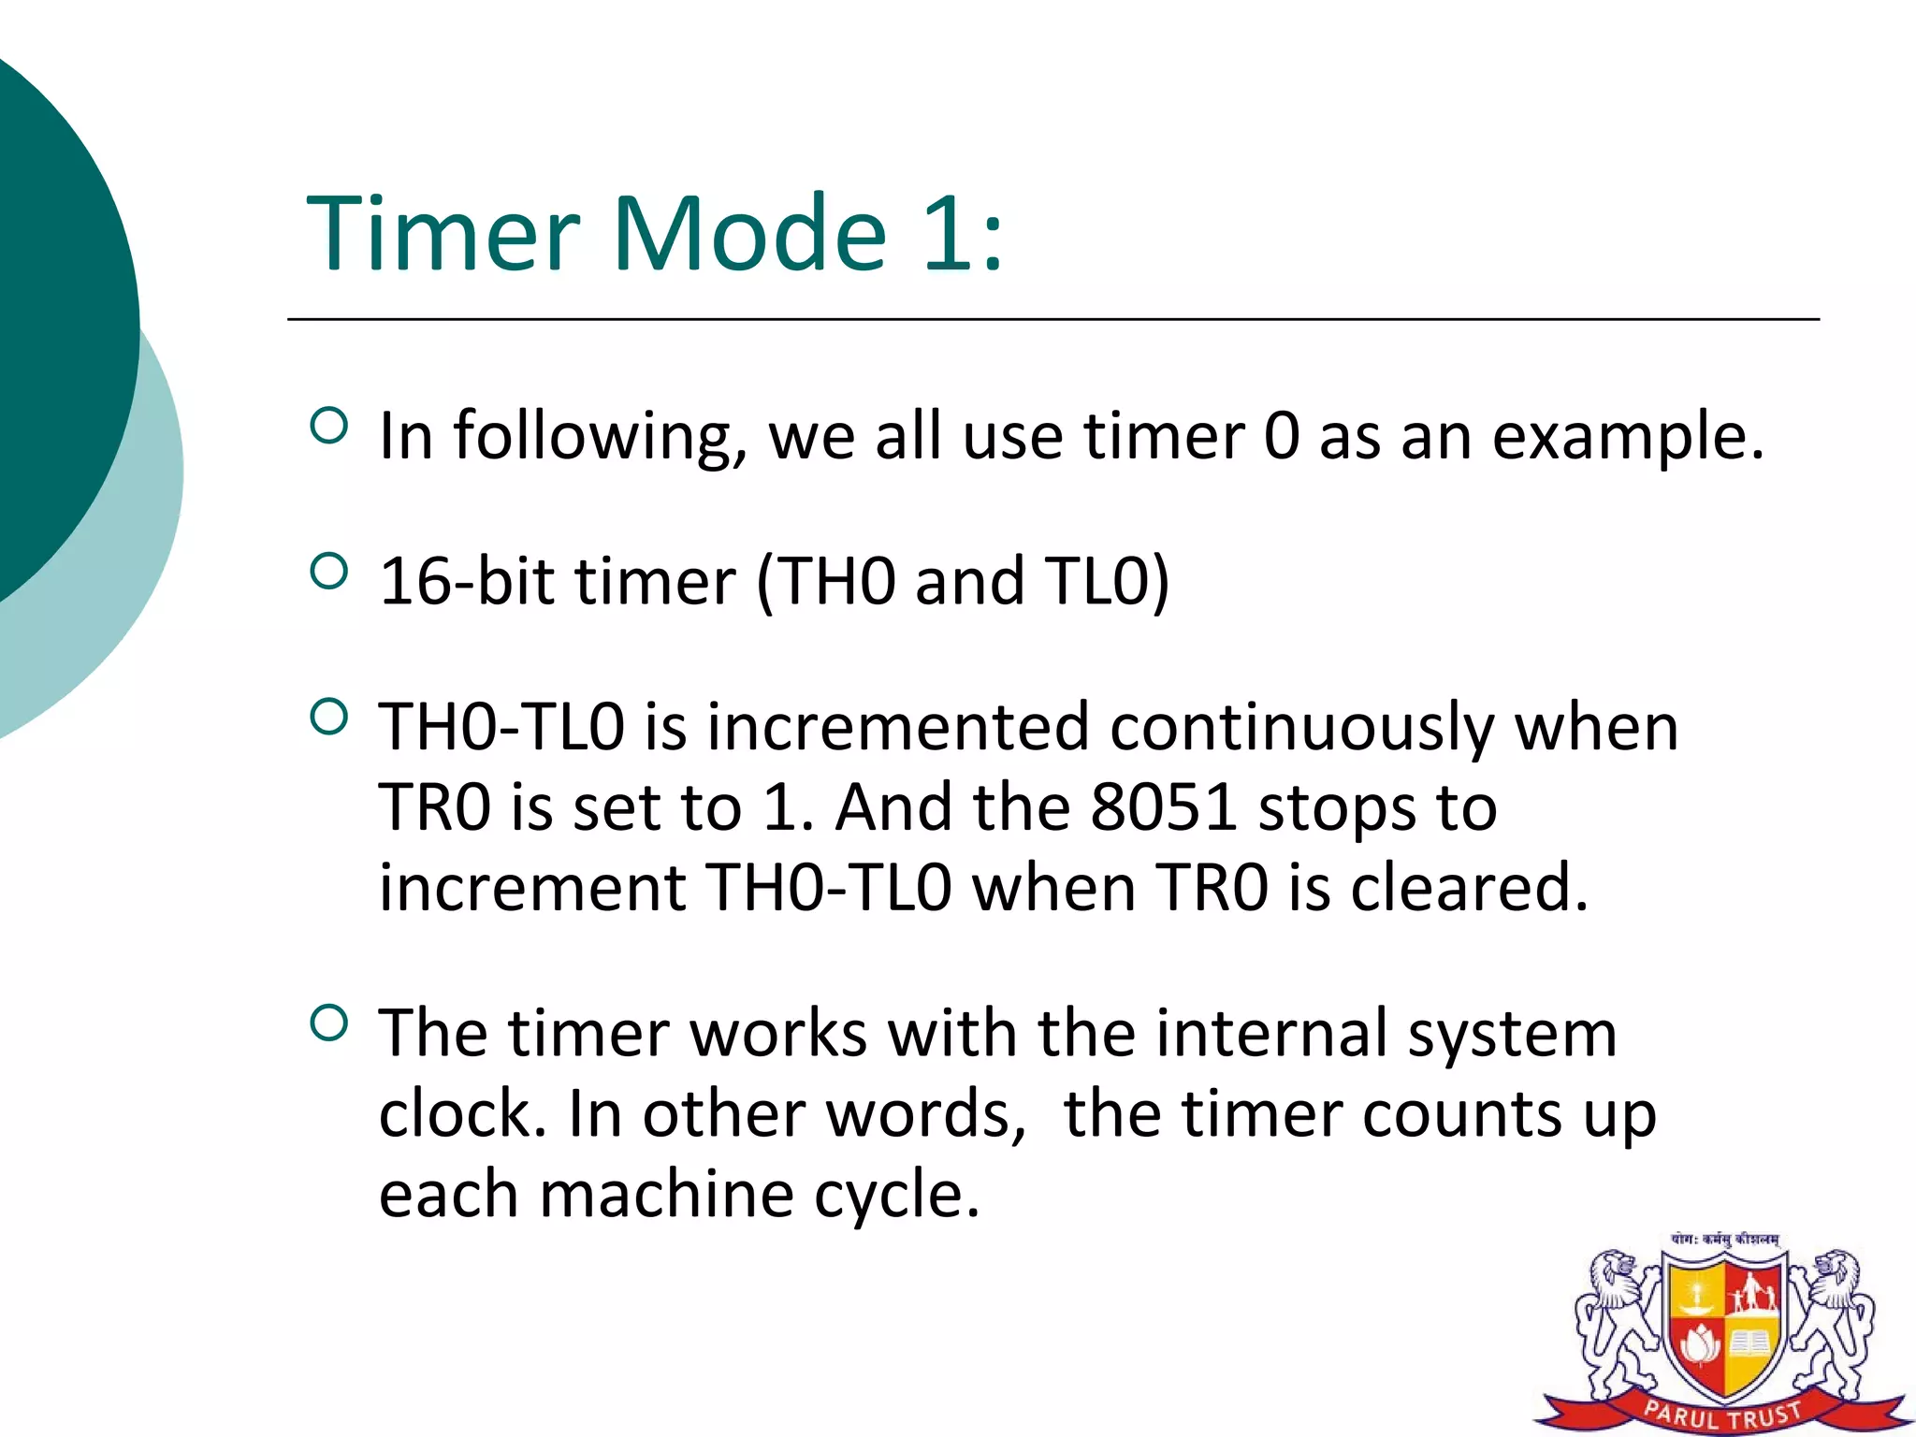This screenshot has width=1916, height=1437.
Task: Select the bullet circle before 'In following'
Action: pos(327,426)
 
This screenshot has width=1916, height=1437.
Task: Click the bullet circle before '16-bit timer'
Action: pos(327,571)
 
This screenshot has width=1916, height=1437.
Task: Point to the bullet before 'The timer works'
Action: pos(327,1023)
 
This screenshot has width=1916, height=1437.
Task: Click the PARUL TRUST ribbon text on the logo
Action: pos(1722,1414)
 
